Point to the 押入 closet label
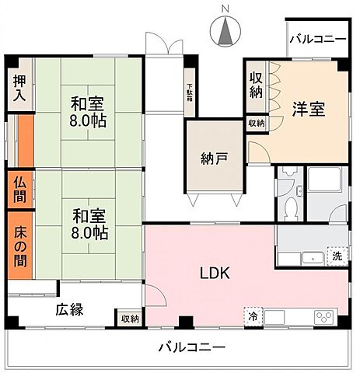tap(20, 87)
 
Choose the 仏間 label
tap(19, 187)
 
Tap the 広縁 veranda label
tap(69, 309)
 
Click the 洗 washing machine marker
tap(336, 256)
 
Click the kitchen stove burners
tap(323, 316)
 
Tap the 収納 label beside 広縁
tap(130, 319)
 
